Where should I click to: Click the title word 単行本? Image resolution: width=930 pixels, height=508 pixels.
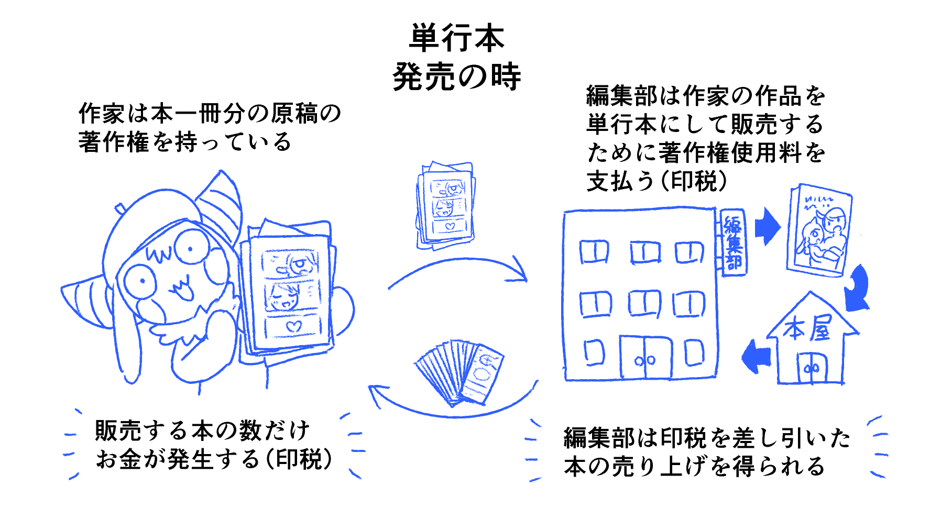(456, 38)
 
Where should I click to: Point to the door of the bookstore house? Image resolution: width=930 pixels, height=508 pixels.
(812, 368)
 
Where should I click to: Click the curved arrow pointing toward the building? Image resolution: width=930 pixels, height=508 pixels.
(458, 270)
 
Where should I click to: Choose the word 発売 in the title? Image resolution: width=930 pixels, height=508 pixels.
(424, 77)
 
